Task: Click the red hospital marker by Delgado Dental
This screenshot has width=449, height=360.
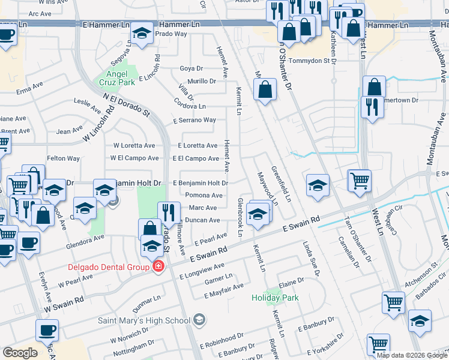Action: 158,266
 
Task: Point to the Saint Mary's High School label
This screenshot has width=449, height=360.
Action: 144,320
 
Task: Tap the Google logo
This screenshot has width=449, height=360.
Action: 20,353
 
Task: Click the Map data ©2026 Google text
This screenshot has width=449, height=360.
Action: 412,355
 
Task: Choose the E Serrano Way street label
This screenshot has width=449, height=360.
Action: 194,120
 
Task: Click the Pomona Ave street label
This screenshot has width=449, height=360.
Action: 204,196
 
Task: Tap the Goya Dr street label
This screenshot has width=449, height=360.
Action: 192,68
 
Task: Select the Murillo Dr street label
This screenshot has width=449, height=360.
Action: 201,81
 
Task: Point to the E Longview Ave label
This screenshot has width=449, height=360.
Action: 202,271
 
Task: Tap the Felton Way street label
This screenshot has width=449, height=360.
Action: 64,158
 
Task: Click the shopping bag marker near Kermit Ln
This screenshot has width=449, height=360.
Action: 265,90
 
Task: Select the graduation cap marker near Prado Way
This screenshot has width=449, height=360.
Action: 142,34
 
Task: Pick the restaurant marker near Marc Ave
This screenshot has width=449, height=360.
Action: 169,212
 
